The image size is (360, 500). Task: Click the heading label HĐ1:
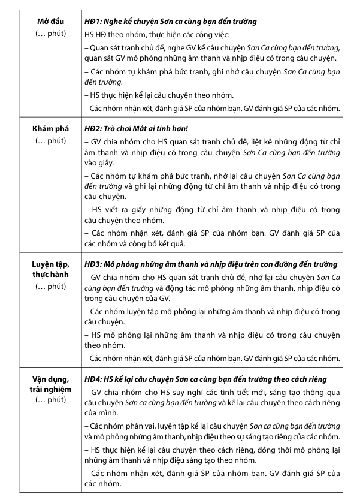95,21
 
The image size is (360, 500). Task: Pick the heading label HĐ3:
95,264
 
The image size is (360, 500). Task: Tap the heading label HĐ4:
95,378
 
